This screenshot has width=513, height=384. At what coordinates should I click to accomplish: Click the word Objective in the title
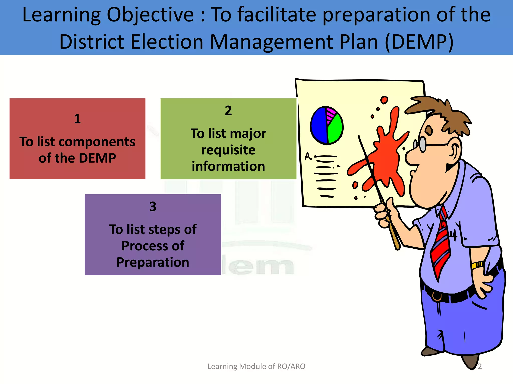pyautogui.click(x=150, y=15)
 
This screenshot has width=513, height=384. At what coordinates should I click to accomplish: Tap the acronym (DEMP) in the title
pyautogui.click(x=419, y=42)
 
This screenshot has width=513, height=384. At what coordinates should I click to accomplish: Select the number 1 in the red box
pyautogui.click(x=77, y=119)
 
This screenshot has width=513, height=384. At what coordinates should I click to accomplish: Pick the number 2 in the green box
pyautogui.click(x=228, y=111)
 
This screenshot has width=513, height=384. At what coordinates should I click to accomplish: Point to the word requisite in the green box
pyautogui.click(x=228, y=150)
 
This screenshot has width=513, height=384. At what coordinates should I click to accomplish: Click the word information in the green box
pyautogui.click(x=228, y=166)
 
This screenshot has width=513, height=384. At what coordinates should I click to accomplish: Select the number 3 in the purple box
pyautogui.click(x=153, y=207)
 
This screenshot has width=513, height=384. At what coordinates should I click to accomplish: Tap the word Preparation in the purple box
pyautogui.click(x=153, y=262)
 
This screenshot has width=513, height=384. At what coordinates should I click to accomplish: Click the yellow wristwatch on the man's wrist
pyautogui.click(x=477, y=265)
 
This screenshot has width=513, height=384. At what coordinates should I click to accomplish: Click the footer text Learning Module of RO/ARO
pyautogui.click(x=256, y=366)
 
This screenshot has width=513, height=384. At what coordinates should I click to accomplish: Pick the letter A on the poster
pyautogui.click(x=308, y=157)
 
